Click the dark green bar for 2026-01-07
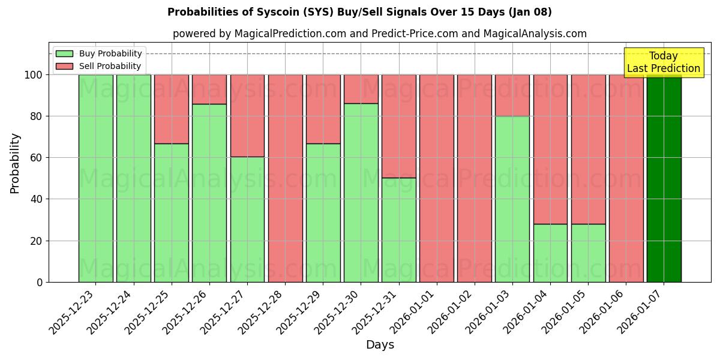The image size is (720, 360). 664,178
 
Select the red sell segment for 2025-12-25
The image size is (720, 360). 172,109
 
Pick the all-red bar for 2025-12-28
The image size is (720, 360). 285,178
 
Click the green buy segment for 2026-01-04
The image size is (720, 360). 550,253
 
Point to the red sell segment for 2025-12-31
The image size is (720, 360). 398,126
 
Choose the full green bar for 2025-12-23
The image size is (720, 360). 95,178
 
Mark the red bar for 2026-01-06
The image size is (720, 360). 626,178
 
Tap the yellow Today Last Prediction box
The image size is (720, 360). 664,62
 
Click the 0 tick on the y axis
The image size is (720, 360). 40,282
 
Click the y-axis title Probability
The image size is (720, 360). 15,163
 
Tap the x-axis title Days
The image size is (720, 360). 380,345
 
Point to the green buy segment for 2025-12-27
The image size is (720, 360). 247,219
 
